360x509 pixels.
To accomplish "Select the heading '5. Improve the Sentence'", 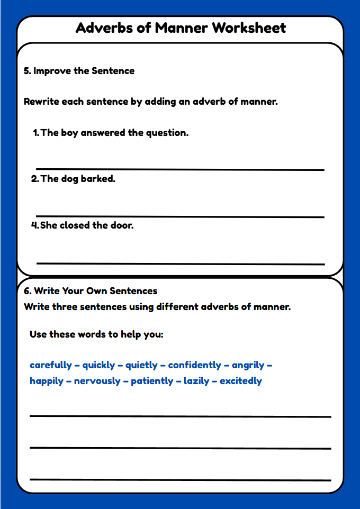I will (79, 71).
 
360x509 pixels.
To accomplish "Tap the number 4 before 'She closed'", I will (35, 225).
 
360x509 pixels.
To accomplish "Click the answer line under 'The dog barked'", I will (180, 216).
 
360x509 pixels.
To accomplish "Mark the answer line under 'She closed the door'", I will (180, 263).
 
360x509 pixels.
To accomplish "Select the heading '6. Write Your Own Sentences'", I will (91, 291).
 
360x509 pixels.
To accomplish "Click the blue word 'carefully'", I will (51, 365).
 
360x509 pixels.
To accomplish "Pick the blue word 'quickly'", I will (98, 365).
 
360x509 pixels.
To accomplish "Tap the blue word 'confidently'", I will (195, 365).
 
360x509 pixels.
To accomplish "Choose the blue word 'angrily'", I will (249, 365).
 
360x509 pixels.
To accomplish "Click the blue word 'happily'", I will (47, 381).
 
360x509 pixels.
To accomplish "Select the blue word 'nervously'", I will (97, 381).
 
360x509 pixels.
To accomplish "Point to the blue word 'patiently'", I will (152, 381).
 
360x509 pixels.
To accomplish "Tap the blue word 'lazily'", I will (196, 381).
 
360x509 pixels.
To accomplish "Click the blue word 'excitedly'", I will (241, 381).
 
